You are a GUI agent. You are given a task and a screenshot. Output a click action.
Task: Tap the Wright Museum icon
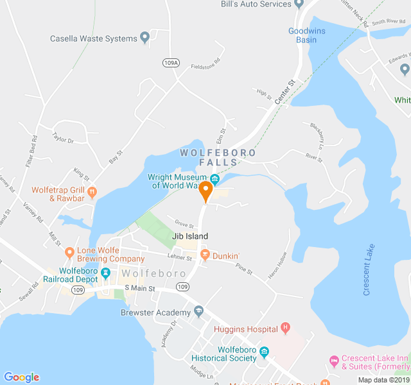click(214, 178)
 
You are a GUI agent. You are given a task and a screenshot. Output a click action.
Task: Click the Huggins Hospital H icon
click(285, 329)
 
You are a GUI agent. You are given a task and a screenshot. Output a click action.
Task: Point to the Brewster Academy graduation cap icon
click(198, 312)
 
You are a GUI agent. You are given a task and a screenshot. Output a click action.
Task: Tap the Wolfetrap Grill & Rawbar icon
click(92, 191)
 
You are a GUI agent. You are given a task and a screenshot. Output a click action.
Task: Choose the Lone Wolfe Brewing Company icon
click(70, 251)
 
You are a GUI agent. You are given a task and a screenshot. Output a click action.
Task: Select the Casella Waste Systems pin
click(145, 37)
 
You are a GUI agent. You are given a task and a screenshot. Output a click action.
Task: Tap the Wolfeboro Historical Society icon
click(263, 352)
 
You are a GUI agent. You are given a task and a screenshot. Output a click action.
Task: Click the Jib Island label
click(190, 236)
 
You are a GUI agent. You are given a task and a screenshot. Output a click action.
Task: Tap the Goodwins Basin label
click(302, 35)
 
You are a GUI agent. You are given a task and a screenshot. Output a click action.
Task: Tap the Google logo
click(21, 377)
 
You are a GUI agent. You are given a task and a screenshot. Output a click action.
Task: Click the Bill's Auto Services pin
click(299, 4)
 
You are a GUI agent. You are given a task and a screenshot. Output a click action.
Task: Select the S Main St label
click(140, 289)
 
